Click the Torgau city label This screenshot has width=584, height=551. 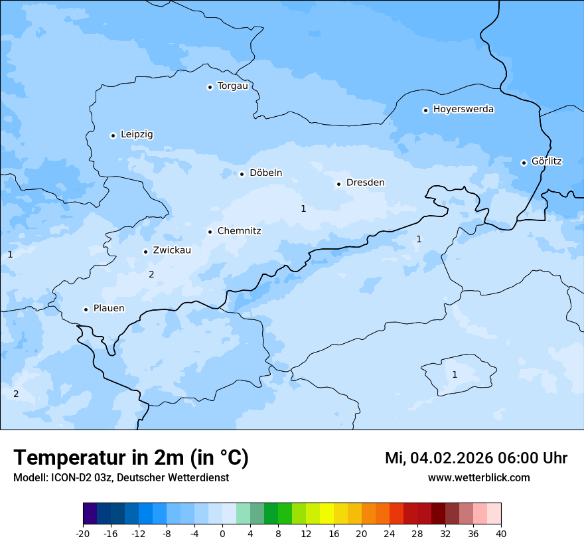(232, 86)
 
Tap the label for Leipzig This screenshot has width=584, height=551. (137, 134)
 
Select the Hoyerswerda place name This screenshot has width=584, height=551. (463, 110)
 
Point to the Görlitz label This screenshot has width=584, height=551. (546, 161)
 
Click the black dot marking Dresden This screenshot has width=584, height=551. (338, 184)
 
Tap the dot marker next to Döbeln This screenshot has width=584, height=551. (242, 174)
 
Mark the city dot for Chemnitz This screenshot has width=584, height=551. (210, 232)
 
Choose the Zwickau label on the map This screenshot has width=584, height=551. (172, 250)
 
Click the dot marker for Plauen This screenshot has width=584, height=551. (86, 309)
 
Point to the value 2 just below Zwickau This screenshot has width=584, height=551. (151, 274)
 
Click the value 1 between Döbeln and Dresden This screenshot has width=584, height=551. (303, 208)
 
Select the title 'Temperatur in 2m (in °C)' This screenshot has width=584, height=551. (131, 458)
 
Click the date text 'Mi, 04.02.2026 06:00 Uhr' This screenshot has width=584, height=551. (476, 458)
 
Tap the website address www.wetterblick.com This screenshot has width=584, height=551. (478, 478)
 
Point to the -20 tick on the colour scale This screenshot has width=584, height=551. (83, 533)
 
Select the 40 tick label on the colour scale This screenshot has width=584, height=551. (500, 533)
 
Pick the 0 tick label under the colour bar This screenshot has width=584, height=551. (222, 533)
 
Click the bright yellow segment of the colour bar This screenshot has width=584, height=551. (327, 514)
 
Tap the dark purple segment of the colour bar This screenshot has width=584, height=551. (90, 514)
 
